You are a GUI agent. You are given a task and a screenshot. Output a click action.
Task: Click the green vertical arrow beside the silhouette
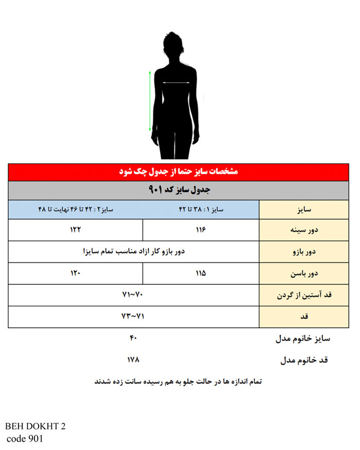pos(150,101)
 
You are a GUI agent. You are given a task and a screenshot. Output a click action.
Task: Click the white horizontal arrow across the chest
pos(178,82)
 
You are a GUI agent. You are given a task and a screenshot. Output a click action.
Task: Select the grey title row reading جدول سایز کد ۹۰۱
pos(178,190)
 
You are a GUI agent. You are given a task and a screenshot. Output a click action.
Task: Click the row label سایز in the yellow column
pos(303,210)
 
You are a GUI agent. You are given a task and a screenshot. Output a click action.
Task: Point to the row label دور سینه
pos(303,230)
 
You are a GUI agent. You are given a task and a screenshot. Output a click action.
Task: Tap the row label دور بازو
pos(303,251)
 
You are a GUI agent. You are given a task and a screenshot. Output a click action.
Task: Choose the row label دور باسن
pos(303,273)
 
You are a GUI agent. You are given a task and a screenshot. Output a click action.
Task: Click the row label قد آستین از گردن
pos(303,295)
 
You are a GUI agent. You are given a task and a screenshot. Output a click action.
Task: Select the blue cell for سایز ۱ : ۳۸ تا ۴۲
pos(201,210)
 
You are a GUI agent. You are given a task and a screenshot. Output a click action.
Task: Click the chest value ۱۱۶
pos(201,230)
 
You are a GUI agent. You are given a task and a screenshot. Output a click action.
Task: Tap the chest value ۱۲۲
pos(76,230)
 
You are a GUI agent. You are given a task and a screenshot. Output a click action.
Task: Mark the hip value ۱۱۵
pos(201,273)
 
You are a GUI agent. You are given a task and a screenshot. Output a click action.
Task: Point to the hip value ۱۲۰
pos(76,273)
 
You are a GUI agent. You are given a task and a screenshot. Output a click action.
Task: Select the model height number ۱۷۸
pos(133,359)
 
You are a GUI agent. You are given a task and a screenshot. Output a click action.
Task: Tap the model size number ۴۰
pos(133,338)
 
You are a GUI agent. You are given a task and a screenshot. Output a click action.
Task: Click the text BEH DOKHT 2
pos(35,426)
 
